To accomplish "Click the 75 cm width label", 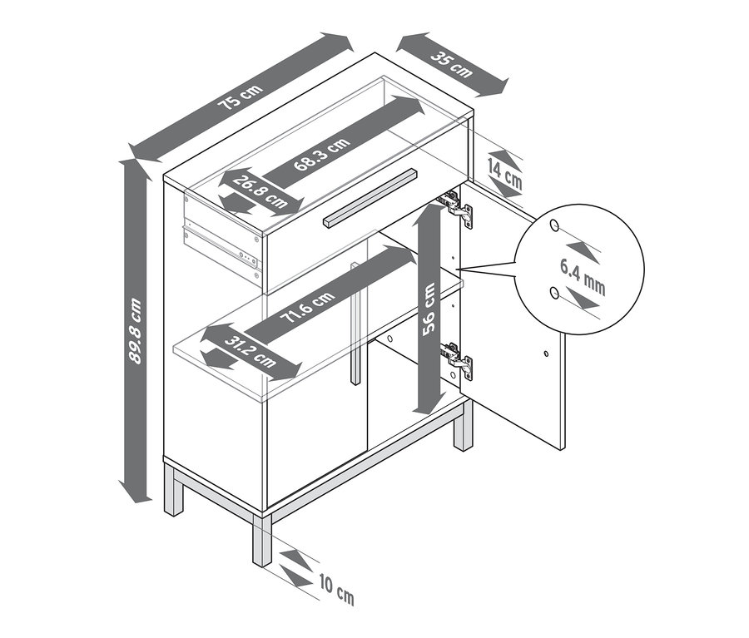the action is (241, 97).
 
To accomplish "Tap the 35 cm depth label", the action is (451, 65).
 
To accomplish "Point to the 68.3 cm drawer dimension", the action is (321, 153).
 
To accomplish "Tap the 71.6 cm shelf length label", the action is (308, 309).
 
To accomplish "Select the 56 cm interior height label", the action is (429, 309).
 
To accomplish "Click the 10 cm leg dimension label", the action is (337, 591).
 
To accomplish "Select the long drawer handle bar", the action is (370, 196).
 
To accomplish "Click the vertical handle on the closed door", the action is (355, 323).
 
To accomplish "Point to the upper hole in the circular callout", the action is (554, 225).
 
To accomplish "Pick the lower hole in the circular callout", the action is (554, 292).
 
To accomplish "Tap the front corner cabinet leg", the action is (262, 540).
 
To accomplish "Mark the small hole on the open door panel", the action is (546, 354).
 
